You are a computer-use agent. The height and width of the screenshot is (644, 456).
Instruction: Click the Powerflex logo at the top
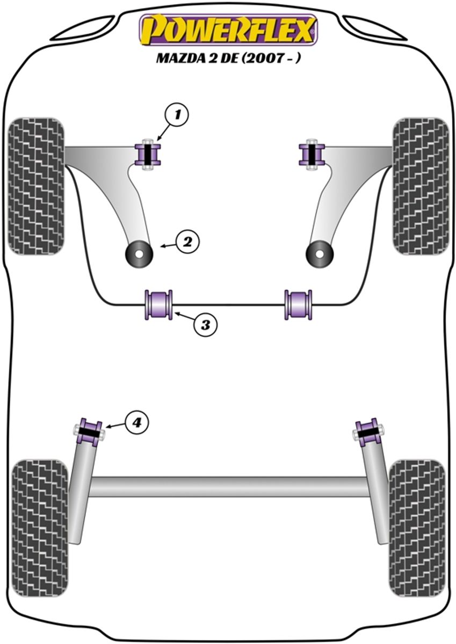228,30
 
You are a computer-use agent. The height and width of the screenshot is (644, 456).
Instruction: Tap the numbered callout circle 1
178,114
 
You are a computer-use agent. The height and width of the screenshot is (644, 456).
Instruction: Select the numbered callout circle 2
187,242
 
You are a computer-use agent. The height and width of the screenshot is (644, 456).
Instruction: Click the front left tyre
36,186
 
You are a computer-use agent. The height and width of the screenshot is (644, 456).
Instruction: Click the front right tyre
421,186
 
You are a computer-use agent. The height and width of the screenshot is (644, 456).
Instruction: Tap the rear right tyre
417,528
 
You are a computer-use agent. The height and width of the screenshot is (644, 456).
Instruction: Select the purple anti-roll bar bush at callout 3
158,304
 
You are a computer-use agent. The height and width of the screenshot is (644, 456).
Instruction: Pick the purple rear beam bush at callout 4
89,431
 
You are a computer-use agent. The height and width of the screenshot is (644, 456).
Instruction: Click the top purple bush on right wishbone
312,155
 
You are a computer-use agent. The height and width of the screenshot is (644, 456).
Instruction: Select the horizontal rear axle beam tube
228,486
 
